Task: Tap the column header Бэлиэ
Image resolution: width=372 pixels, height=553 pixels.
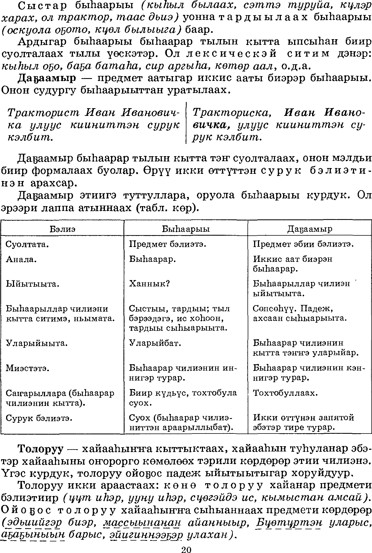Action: pos(62,229)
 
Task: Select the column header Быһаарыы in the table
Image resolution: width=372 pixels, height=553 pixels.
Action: pos(186,229)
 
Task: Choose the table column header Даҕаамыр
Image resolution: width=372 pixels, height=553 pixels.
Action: pos(310,229)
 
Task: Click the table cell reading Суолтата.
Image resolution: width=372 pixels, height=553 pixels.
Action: pos(27,244)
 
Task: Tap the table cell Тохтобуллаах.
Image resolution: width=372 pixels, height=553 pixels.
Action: pos(285,393)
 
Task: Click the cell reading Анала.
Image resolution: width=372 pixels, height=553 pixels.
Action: pos(22,259)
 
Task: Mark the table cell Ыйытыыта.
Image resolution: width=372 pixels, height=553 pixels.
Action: pos(33,284)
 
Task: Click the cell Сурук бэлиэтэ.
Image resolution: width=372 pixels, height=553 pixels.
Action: pos(39,418)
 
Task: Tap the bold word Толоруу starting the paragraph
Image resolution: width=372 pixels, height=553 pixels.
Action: pos(41,449)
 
